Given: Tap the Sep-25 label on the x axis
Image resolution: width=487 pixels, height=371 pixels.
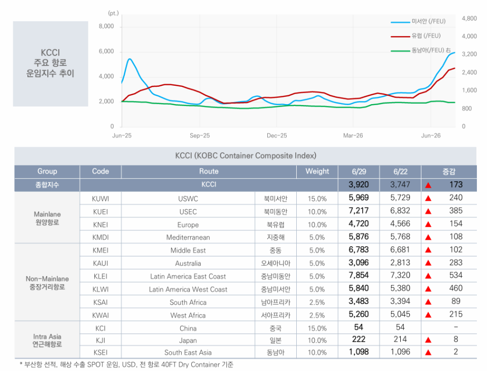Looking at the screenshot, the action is pos(200,136).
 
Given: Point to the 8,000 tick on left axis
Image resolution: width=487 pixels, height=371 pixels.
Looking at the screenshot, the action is pos(106,26).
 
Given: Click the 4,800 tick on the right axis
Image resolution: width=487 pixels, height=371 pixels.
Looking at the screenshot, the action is pos(469,18).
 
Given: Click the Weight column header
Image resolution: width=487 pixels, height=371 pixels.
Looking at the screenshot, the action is pos(317,171).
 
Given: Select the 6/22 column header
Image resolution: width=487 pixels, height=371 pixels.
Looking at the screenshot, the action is pos(400,172).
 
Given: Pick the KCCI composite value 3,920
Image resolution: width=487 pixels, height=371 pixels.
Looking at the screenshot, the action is pos(359,185).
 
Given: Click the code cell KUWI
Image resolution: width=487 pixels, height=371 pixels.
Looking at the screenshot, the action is pos(100,198).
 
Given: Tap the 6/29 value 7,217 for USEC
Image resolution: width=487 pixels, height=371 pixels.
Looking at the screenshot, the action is pos(359,211).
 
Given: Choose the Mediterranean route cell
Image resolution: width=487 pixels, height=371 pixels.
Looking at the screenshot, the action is pos(188,238).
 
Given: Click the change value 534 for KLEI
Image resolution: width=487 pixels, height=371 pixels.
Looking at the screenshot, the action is pos(456,275).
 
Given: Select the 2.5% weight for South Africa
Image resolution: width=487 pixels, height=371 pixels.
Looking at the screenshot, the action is pos(317,302).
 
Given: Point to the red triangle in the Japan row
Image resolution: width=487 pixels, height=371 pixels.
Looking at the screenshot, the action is pos(428,340).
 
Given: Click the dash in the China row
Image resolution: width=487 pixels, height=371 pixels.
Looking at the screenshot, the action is pos(456,327).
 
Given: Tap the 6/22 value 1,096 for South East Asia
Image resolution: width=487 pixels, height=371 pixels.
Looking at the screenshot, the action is pos(400,352).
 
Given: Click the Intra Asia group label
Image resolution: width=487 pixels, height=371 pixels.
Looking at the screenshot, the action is pos(47,336).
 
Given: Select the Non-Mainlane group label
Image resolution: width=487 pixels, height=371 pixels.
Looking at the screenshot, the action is pos(47,279).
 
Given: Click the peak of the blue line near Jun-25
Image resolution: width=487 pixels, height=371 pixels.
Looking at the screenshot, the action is pos(129,59).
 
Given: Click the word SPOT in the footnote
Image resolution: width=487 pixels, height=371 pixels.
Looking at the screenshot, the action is pos(95,364).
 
